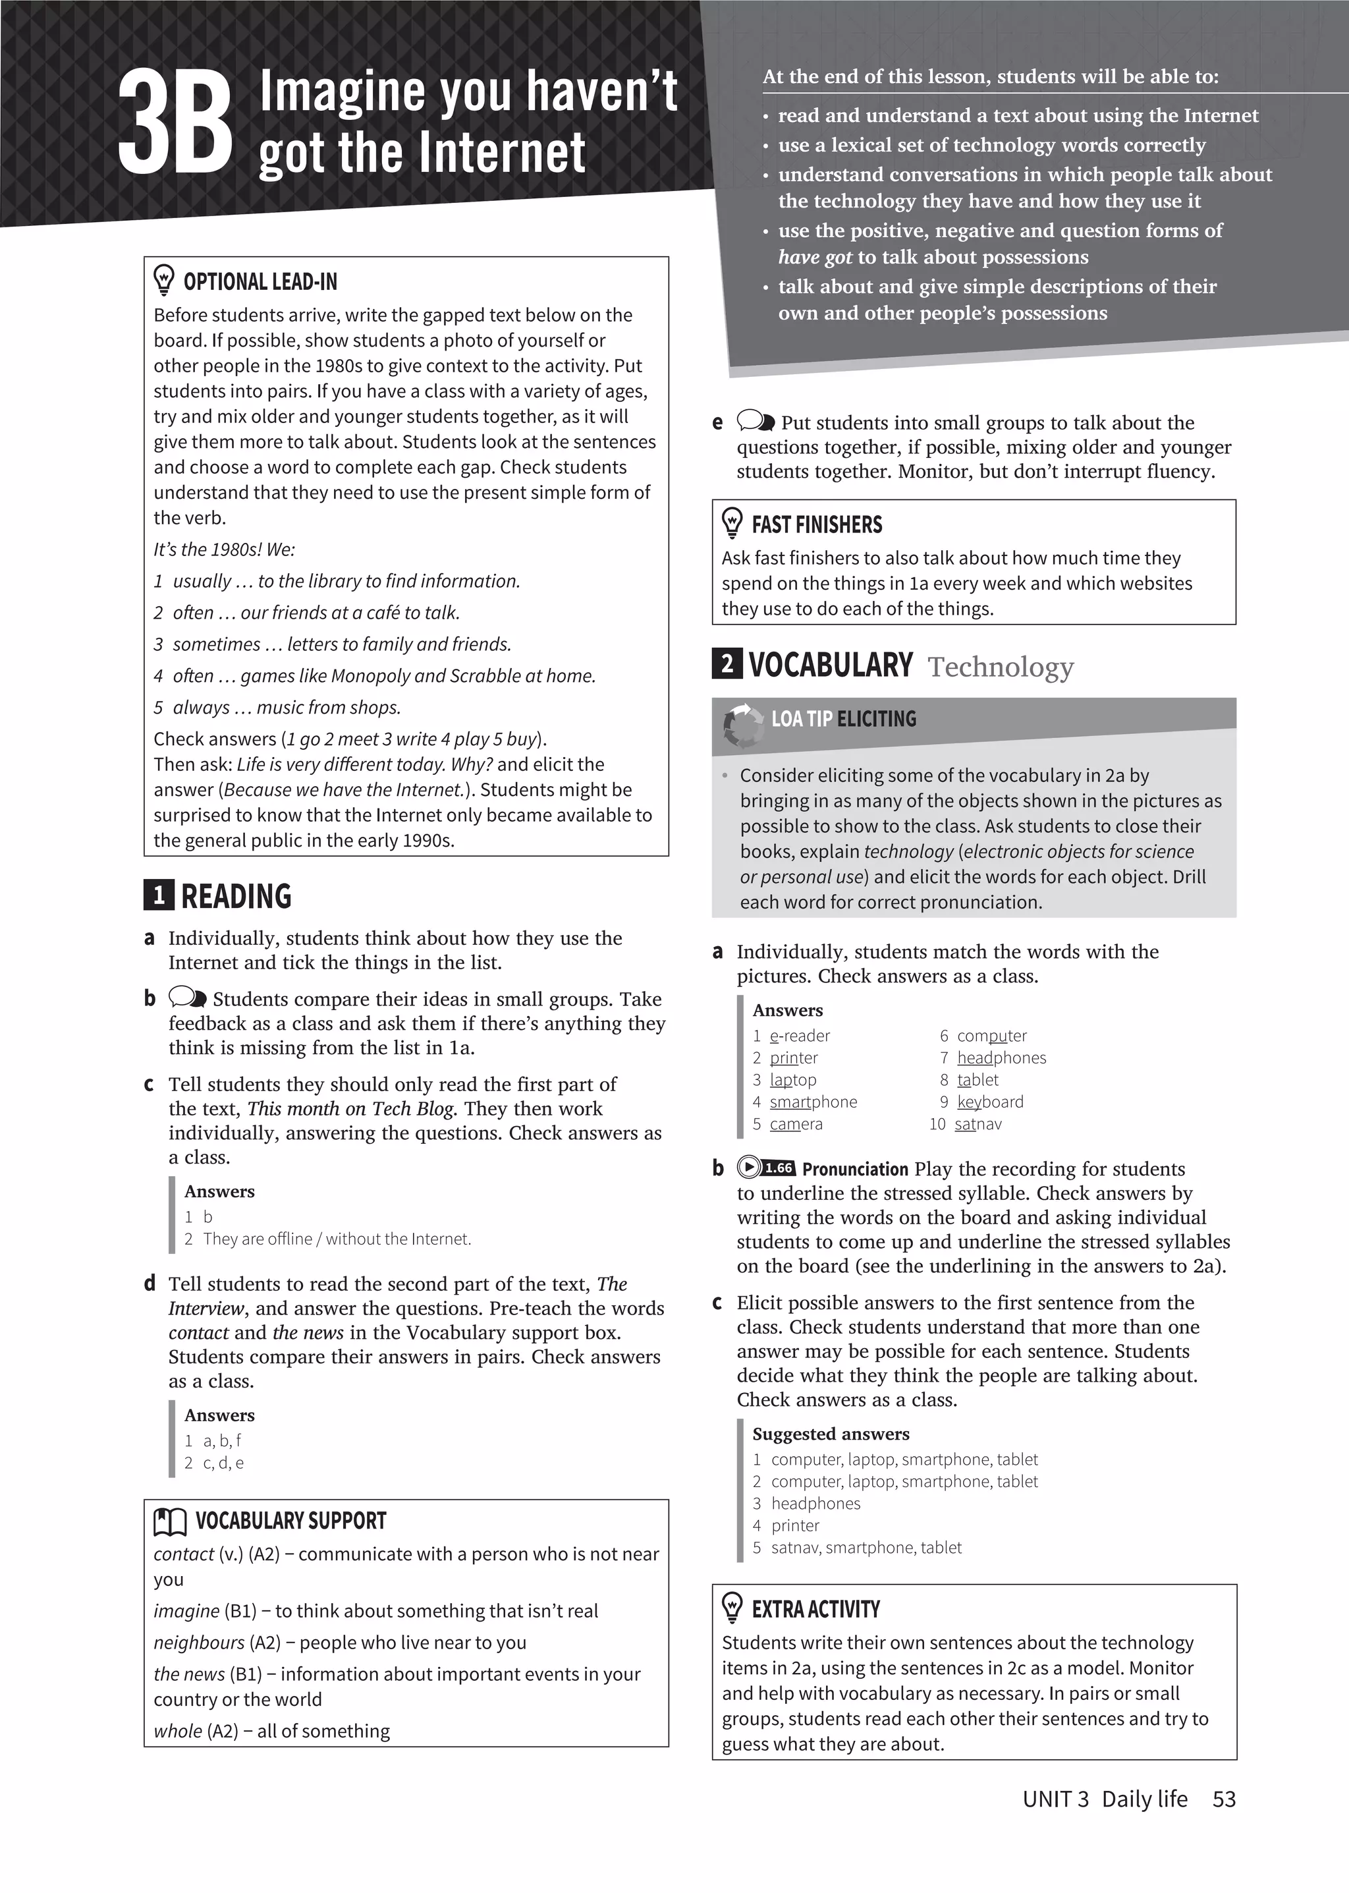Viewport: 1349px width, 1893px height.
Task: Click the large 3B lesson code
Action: (x=175, y=122)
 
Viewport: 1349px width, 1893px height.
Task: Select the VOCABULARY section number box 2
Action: (x=727, y=664)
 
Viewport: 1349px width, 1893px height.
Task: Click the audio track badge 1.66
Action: (x=777, y=1168)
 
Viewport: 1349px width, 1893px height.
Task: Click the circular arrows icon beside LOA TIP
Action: (x=742, y=725)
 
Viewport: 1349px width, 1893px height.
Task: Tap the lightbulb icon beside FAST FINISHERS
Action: (x=732, y=524)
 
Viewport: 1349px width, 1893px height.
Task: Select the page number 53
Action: (x=1224, y=1799)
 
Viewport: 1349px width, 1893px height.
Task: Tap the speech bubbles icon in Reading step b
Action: (x=188, y=997)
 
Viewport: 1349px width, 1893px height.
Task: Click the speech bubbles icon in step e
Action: (x=756, y=421)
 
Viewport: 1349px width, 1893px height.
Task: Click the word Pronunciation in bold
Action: (x=855, y=1169)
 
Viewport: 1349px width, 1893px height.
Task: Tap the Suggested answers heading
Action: (x=831, y=1434)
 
